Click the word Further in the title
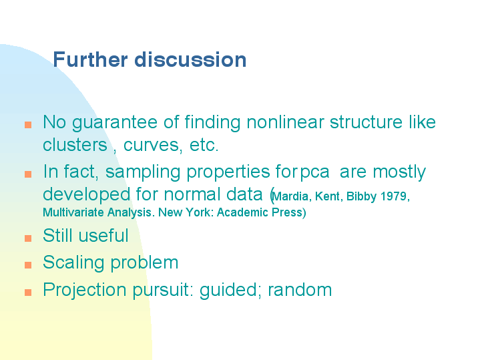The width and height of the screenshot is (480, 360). [90, 59]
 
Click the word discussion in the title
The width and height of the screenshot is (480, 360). [190, 59]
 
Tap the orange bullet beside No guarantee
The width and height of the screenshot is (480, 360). [28, 125]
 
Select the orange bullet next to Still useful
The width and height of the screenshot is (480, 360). [28, 238]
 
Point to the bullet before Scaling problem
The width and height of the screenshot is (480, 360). [28, 265]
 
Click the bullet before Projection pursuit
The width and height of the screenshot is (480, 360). [28, 293]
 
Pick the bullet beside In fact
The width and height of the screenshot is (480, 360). [28, 174]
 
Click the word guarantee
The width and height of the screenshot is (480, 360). [115, 123]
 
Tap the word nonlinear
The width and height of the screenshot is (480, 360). [285, 122]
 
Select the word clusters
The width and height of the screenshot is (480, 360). [75, 145]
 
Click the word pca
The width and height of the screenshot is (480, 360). [314, 173]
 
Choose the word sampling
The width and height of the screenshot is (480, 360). [143, 172]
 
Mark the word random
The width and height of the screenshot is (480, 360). [300, 289]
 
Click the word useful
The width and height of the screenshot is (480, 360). [103, 236]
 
